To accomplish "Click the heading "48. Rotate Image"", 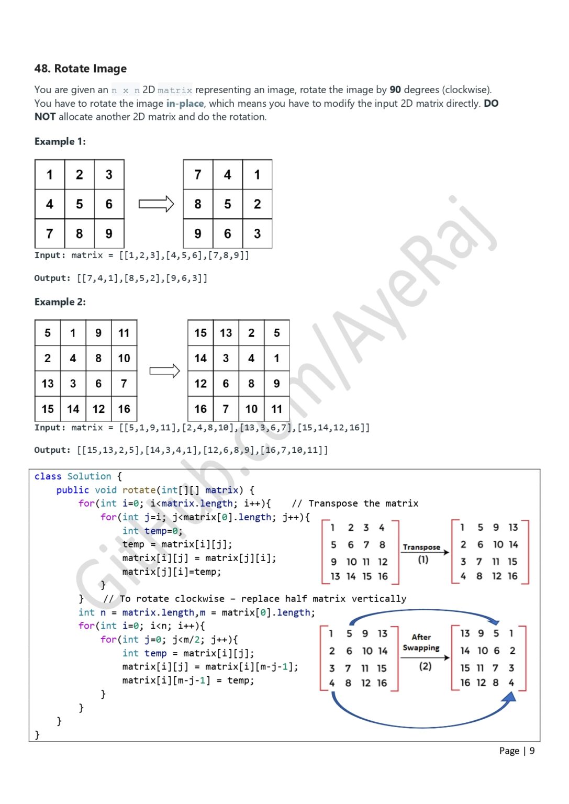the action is (81, 69).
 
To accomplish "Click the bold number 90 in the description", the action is (395, 90).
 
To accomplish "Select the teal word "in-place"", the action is (185, 103).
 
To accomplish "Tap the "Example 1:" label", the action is (60, 141).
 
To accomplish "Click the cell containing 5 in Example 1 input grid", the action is (80, 204).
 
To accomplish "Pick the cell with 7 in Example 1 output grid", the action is (198, 174).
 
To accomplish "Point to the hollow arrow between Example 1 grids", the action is (156, 204).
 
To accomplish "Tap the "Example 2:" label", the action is (60, 302).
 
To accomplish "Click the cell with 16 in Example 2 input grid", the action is (124, 409).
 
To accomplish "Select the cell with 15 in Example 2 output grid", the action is (200, 333).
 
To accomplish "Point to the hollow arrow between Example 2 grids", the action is (164, 371).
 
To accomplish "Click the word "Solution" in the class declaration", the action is (90, 476).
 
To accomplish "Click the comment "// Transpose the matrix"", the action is (355, 503).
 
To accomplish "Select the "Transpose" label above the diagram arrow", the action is (421, 547).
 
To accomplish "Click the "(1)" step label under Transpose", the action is (423, 560).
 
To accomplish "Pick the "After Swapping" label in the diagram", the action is (421, 642).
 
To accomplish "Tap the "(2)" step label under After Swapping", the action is (426, 666).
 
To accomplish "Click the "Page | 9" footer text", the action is (517, 751).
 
